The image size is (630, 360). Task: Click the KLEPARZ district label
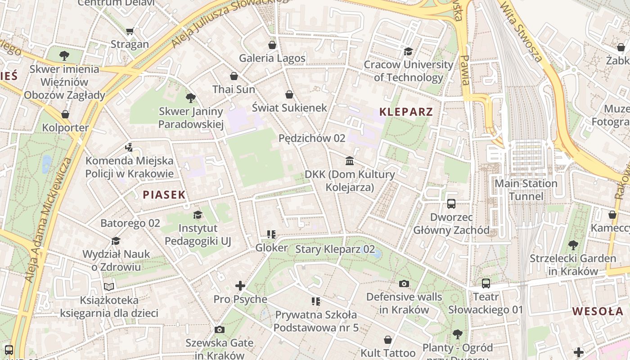(406, 112)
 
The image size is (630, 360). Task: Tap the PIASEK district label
(164, 194)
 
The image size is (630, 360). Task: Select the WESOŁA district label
(598, 311)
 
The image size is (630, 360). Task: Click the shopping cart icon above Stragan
(130, 31)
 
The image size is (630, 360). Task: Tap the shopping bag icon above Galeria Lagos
(272, 45)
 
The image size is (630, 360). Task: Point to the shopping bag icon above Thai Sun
(234, 76)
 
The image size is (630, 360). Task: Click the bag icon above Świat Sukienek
(289, 94)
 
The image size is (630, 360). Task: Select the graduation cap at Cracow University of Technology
(408, 51)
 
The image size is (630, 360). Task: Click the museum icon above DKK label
(350, 161)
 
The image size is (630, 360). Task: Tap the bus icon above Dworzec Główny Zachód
(451, 204)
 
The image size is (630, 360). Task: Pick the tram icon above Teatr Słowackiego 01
(486, 283)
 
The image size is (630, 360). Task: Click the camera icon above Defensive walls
(404, 283)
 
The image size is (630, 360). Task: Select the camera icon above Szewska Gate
(219, 329)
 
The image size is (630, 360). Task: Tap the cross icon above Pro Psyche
(240, 286)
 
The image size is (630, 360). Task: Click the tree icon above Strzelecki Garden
(573, 245)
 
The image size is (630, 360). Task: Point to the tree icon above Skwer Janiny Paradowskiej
(191, 98)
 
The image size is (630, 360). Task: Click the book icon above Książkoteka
(109, 287)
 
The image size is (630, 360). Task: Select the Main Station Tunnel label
(526, 190)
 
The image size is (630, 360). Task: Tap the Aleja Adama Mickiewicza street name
(47, 220)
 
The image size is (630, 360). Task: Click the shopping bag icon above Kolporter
(65, 114)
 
